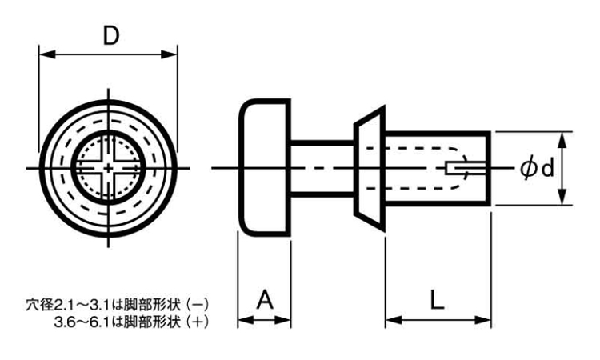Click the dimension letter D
click(x=111, y=35)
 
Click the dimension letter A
click(x=265, y=301)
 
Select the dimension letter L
click(x=437, y=301)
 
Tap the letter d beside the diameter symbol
click(x=546, y=168)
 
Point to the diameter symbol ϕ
click(x=528, y=168)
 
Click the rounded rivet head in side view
click(x=265, y=168)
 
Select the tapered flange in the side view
click(x=368, y=168)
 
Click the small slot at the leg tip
click(x=463, y=168)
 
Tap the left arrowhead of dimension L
click(x=391, y=322)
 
